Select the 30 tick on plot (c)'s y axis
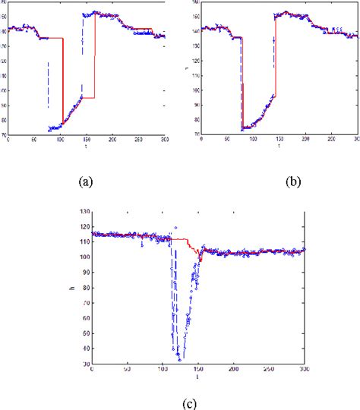[x=83, y=364]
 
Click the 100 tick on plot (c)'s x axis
[x=162, y=370]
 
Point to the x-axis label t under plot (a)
[x=87, y=145]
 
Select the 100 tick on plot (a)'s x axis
[x=60, y=140]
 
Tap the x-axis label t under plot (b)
[x=278, y=145]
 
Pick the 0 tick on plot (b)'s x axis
[x=201, y=140]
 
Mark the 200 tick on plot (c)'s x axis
[x=233, y=370]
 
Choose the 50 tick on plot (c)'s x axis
[x=127, y=370]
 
